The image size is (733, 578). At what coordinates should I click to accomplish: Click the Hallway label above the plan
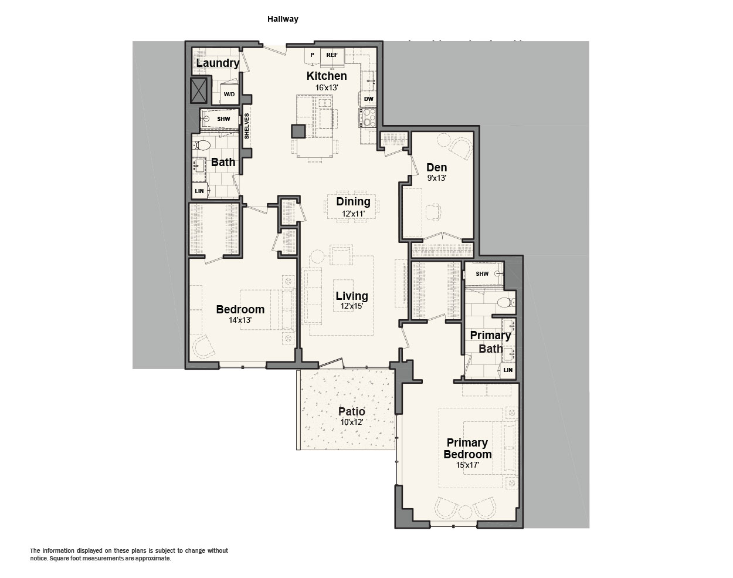(283, 19)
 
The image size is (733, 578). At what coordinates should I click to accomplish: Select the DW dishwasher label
(368, 99)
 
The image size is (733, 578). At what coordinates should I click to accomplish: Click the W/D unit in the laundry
(229, 94)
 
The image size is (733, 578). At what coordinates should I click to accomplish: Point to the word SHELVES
(247, 126)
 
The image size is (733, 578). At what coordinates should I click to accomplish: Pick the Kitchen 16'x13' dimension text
(326, 87)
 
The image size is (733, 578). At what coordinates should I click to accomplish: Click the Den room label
(437, 167)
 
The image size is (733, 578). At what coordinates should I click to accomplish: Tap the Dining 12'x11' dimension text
(353, 214)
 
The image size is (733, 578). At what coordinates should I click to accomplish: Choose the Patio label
(351, 411)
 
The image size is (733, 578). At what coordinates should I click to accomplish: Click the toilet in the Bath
(203, 146)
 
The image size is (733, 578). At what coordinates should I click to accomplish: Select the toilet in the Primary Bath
(507, 302)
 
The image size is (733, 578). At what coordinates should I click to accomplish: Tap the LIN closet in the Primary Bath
(508, 370)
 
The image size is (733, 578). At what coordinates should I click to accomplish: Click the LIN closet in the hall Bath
(199, 191)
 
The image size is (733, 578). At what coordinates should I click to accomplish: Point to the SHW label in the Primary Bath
(482, 273)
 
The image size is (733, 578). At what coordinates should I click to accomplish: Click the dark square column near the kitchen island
(298, 131)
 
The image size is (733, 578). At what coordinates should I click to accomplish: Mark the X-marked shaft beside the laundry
(198, 90)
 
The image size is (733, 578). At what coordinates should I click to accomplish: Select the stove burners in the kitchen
(369, 117)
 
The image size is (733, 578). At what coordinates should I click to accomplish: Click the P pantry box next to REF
(313, 55)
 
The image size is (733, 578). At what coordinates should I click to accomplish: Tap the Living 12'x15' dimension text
(352, 306)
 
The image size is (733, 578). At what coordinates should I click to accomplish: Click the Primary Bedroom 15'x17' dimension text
(468, 465)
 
